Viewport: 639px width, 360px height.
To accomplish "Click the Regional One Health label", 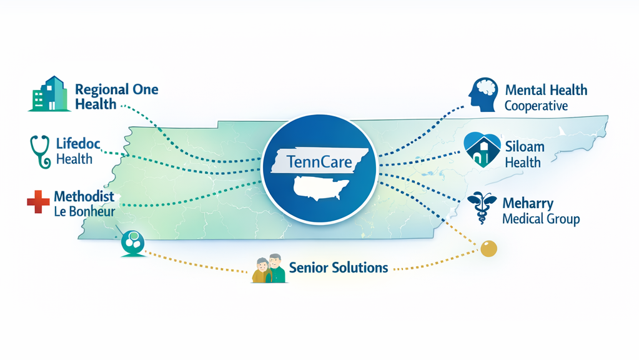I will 116,96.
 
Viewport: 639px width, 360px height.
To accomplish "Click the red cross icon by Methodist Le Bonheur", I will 37,203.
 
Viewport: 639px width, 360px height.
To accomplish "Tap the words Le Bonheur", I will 84,211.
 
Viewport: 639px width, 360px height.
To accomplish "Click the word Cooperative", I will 536,106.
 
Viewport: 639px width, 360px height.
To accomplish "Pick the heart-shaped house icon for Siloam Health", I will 483,149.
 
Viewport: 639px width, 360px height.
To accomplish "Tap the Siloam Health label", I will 525,154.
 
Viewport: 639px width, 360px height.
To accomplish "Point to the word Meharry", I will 527,203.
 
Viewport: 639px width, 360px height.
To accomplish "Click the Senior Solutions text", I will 339,267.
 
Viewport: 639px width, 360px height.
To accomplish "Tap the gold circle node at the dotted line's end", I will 488,247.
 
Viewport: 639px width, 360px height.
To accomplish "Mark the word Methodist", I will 84,196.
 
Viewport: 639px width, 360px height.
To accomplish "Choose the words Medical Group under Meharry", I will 541,219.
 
